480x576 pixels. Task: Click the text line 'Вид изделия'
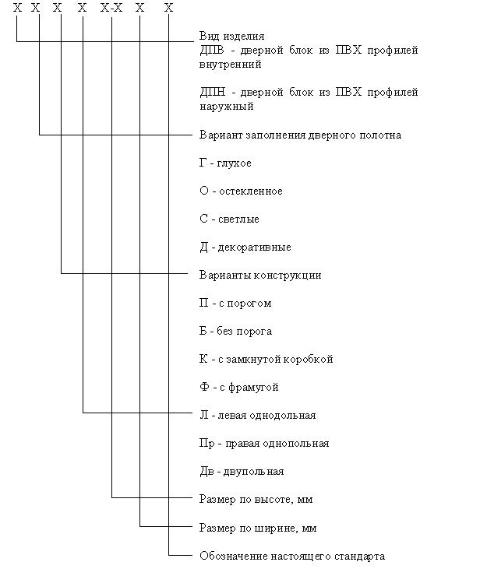coord(231,36)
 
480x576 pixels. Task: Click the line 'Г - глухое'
coord(225,163)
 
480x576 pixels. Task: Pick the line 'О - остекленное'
coord(241,191)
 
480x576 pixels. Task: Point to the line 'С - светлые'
coord(229,219)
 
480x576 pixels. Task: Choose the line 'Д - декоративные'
coord(245,247)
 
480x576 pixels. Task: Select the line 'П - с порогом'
coord(235,303)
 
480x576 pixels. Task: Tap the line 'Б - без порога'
coord(235,331)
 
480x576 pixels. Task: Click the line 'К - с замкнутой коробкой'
coord(266,359)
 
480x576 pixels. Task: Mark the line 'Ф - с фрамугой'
coord(238,387)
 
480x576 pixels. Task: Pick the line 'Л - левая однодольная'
coord(257,415)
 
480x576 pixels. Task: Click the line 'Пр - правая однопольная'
coord(264,443)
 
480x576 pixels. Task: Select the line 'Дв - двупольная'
coord(242,471)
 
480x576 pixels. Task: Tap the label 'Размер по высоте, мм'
coord(256,499)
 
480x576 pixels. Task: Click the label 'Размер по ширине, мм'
coord(258,528)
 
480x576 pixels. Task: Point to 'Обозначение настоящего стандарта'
coord(292,556)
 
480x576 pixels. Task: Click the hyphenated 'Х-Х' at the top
coord(112,8)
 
